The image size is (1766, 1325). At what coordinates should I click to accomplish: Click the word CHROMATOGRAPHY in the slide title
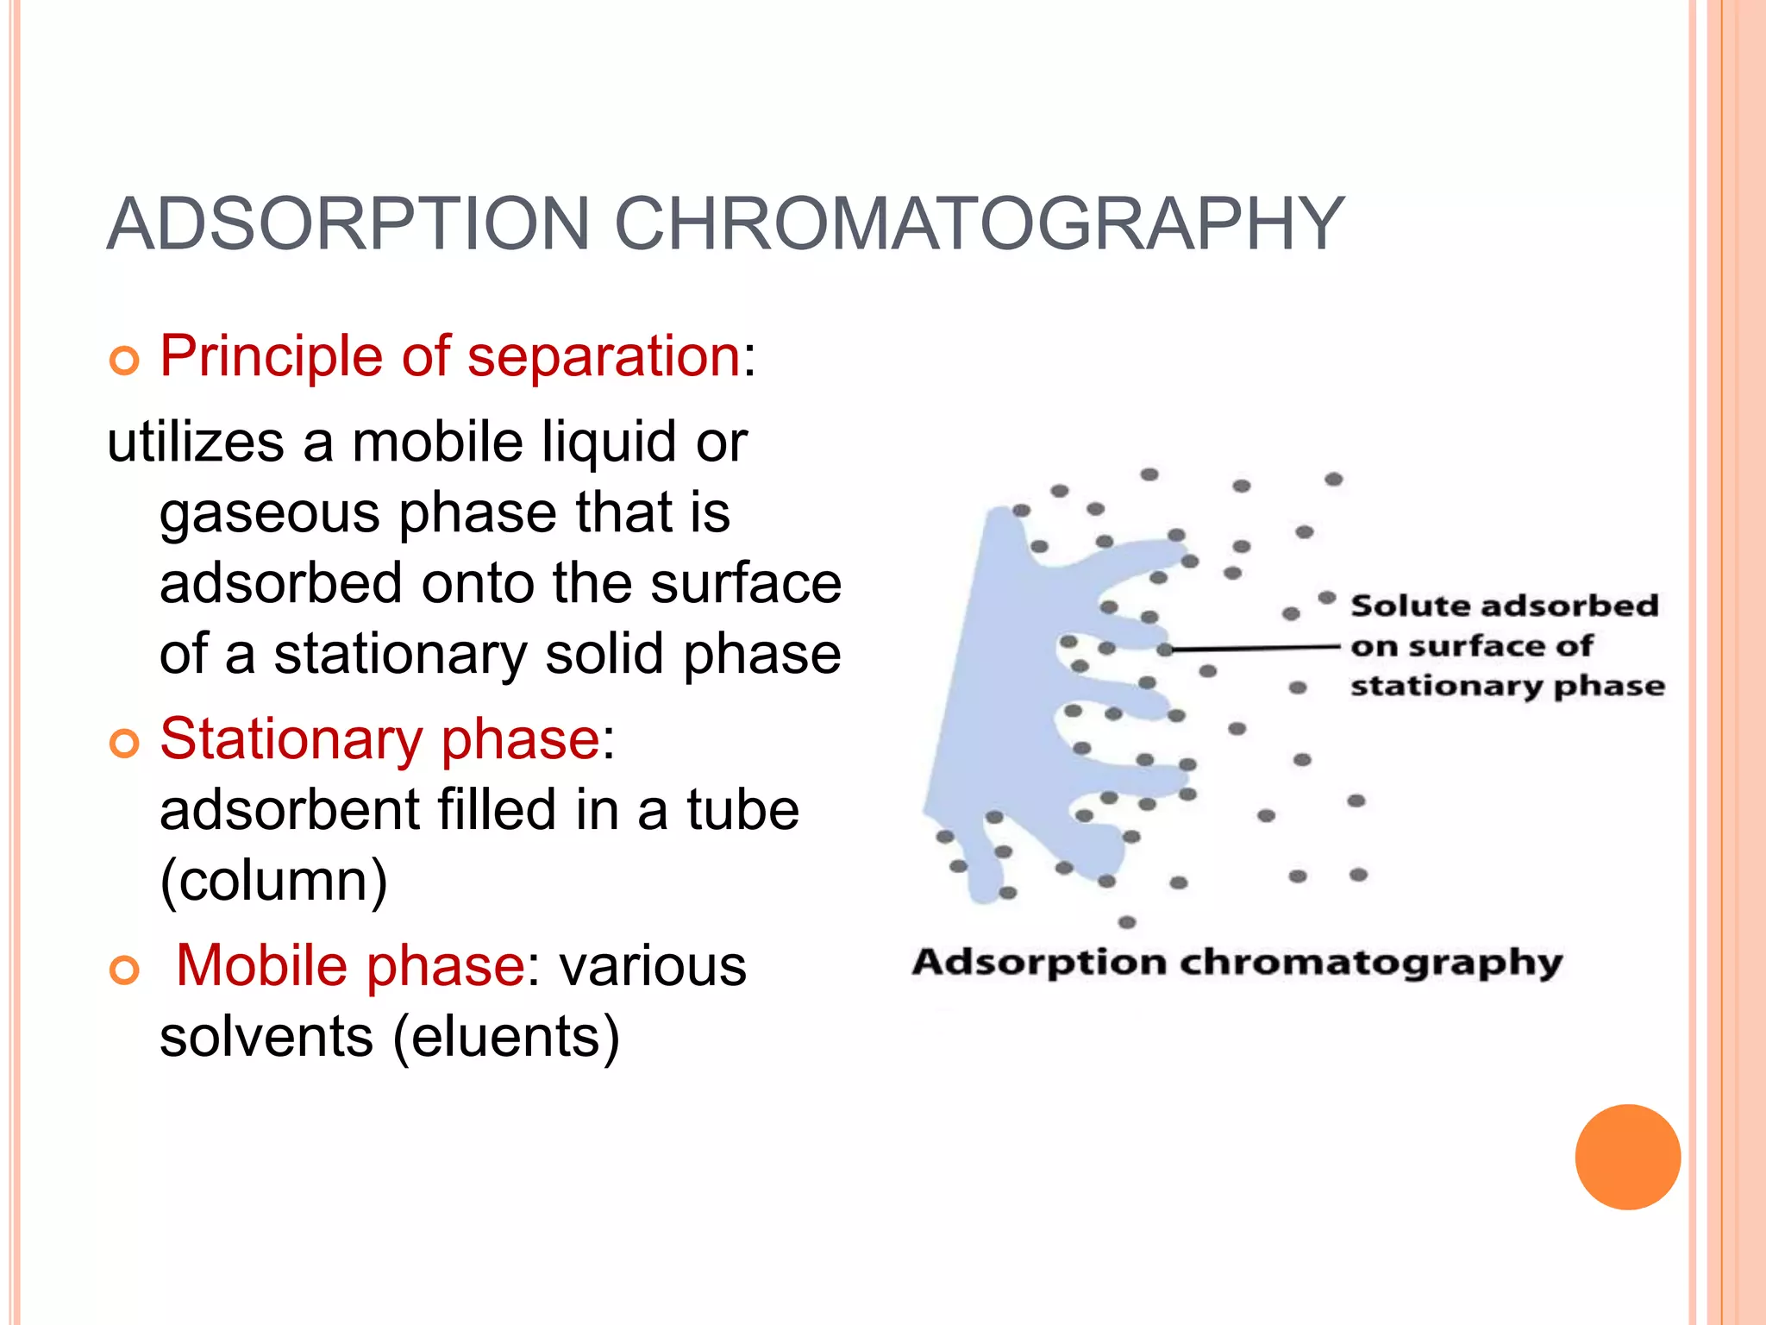979,224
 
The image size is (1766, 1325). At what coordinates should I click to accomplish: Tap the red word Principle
271,356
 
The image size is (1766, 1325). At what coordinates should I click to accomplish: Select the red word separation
604,356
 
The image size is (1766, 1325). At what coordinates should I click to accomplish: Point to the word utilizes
195,443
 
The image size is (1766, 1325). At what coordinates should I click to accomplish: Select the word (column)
273,881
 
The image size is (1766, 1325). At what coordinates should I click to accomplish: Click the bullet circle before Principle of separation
124,362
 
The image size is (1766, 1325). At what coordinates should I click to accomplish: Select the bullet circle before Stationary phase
124,744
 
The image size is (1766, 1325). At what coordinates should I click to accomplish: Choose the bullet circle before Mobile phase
124,970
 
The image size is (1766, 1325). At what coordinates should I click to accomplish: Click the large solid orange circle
1627,1157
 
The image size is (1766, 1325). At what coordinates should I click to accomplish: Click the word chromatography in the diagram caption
1370,963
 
